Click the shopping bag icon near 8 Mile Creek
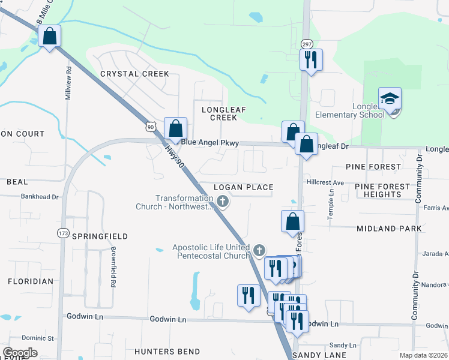click(x=50, y=37)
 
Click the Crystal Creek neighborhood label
click(x=134, y=74)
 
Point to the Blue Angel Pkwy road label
click(x=210, y=143)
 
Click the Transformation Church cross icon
click(x=223, y=201)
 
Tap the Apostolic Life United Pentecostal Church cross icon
click(x=259, y=250)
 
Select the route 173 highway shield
click(x=64, y=233)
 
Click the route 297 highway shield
click(x=306, y=44)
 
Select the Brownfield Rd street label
click(x=112, y=266)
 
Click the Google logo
click(x=20, y=353)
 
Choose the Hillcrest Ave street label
click(x=325, y=182)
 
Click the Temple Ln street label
click(x=331, y=204)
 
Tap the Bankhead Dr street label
click(x=40, y=196)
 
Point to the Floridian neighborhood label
click(x=30, y=281)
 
